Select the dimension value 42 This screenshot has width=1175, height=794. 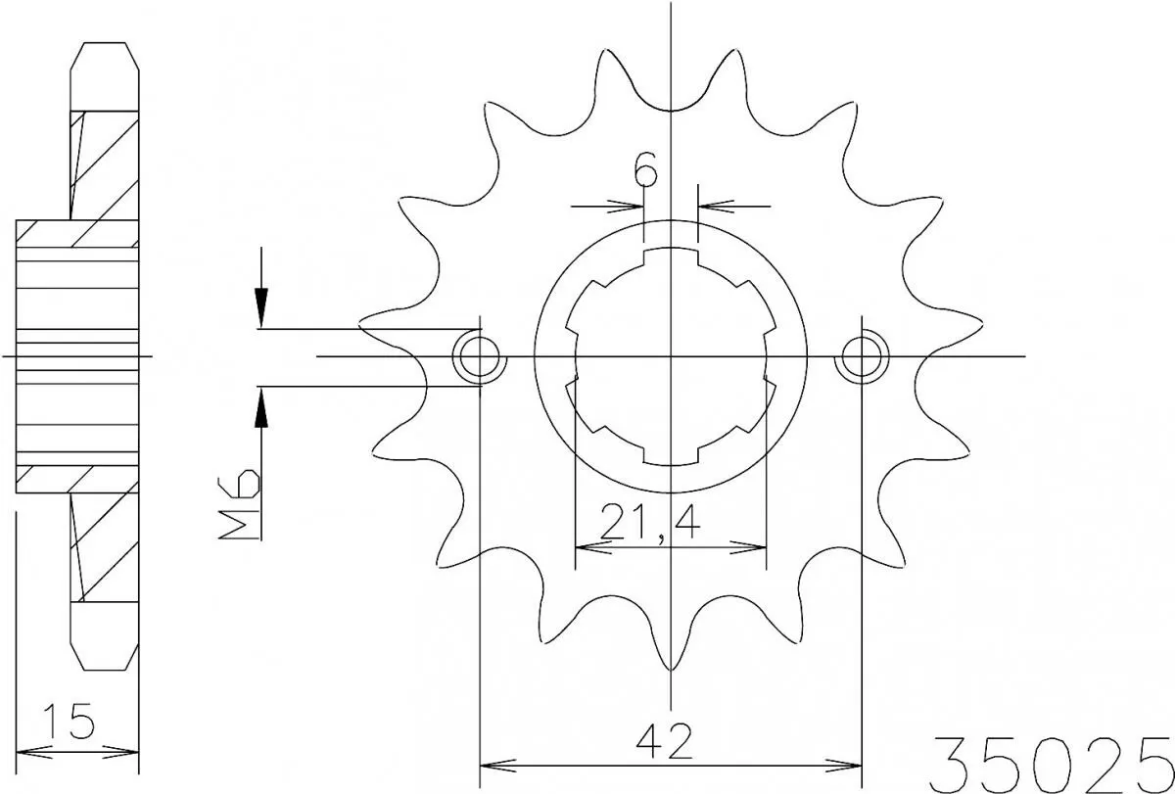pyautogui.click(x=669, y=742)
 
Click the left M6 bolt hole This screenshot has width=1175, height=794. pyautogui.click(x=479, y=357)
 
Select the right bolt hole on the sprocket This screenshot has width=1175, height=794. pyautogui.click(x=860, y=357)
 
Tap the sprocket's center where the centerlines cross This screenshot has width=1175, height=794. pyautogui.click(x=671, y=356)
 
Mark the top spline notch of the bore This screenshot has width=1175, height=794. pyautogui.click(x=671, y=258)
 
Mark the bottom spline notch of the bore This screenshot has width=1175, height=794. pyautogui.click(x=671, y=456)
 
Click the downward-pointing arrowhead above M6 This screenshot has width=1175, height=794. pyautogui.click(x=261, y=307)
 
